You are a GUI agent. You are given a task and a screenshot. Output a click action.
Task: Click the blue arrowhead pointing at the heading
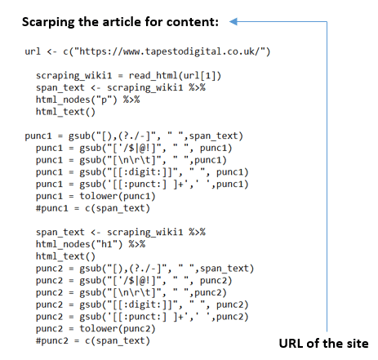[233, 22]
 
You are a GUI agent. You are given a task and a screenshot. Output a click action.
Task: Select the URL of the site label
[323, 344]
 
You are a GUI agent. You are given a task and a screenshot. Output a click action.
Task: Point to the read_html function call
[175, 76]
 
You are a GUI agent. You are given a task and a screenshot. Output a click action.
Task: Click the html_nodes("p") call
[77, 100]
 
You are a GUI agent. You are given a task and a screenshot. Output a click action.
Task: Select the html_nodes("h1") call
[79, 244]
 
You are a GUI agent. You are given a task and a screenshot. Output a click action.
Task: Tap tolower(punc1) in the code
[118, 196]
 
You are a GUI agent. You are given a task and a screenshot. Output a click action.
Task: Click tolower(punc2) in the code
[118, 329]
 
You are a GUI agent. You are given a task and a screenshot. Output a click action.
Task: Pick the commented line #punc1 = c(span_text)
[93, 208]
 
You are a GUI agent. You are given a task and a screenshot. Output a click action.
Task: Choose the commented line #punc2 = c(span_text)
[93, 341]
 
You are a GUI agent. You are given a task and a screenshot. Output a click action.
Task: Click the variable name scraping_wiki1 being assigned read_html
[73, 76]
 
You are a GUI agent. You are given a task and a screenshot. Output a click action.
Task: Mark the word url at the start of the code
[33, 51]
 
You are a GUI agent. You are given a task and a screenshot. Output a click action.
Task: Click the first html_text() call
[65, 112]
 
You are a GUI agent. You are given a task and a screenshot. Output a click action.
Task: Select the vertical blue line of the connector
[327, 176]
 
